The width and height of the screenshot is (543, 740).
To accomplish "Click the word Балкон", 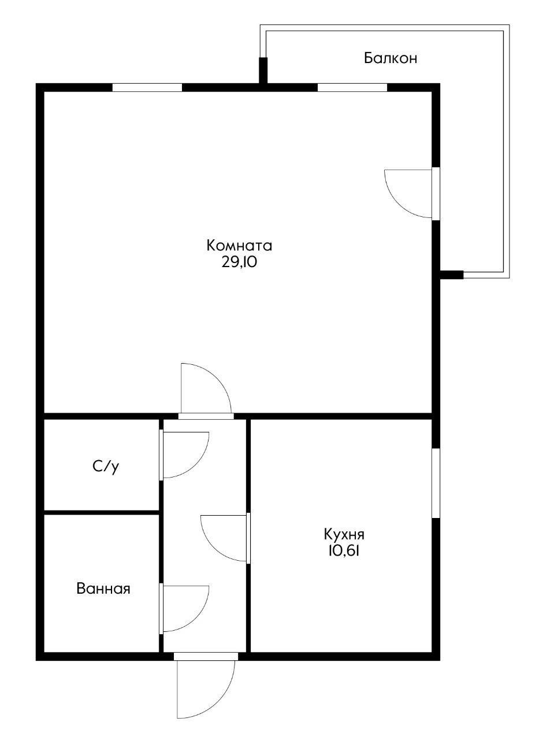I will [x=390, y=58].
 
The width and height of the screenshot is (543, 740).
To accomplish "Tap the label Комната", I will [x=239, y=246].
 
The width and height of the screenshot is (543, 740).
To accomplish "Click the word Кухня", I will [x=344, y=533].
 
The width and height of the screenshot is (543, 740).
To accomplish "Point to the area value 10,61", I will [x=344, y=550].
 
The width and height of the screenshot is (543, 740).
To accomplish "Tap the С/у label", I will [x=105, y=467].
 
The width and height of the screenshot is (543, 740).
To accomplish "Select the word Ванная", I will [x=103, y=589].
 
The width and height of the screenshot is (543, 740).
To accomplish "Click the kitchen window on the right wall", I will [x=436, y=483].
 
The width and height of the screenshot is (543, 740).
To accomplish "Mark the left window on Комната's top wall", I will [x=147, y=88].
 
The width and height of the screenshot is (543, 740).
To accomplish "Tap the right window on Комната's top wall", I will [x=352, y=88].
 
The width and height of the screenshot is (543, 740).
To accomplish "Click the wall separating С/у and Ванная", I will [x=102, y=512].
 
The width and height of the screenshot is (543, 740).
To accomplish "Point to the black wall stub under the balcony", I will [x=452, y=275].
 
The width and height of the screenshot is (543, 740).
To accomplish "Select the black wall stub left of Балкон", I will [x=263, y=71].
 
